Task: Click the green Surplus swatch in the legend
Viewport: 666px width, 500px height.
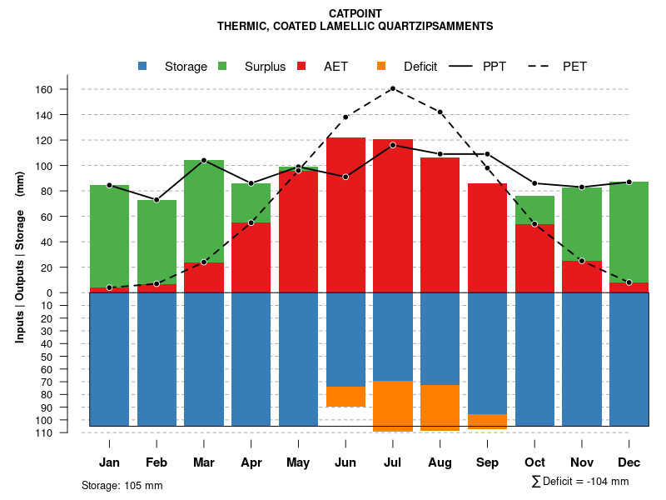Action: [x=223, y=66]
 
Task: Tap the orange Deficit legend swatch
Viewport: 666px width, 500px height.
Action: [x=381, y=66]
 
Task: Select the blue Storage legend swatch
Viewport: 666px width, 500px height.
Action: [x=143, y=66]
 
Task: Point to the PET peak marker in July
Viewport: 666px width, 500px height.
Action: [x=392, y=88]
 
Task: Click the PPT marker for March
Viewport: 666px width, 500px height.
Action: [x=204, y=160]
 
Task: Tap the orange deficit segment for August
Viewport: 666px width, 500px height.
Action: [x=440, y=407]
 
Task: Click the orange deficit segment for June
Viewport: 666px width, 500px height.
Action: [x=345, y=397]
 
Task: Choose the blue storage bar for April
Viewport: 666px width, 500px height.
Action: [x=251, y=359]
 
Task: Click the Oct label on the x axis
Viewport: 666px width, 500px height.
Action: [x=534, y=462]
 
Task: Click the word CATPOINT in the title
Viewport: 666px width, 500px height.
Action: [x=355, y=14]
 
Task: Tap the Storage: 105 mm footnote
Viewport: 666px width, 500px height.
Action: [x=122, y=485]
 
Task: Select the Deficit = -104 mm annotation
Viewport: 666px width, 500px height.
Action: [x=580, y=482]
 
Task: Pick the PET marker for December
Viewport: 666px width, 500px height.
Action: [x=629, y=282]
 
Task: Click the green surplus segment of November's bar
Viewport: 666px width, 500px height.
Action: [x=582, y=224]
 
